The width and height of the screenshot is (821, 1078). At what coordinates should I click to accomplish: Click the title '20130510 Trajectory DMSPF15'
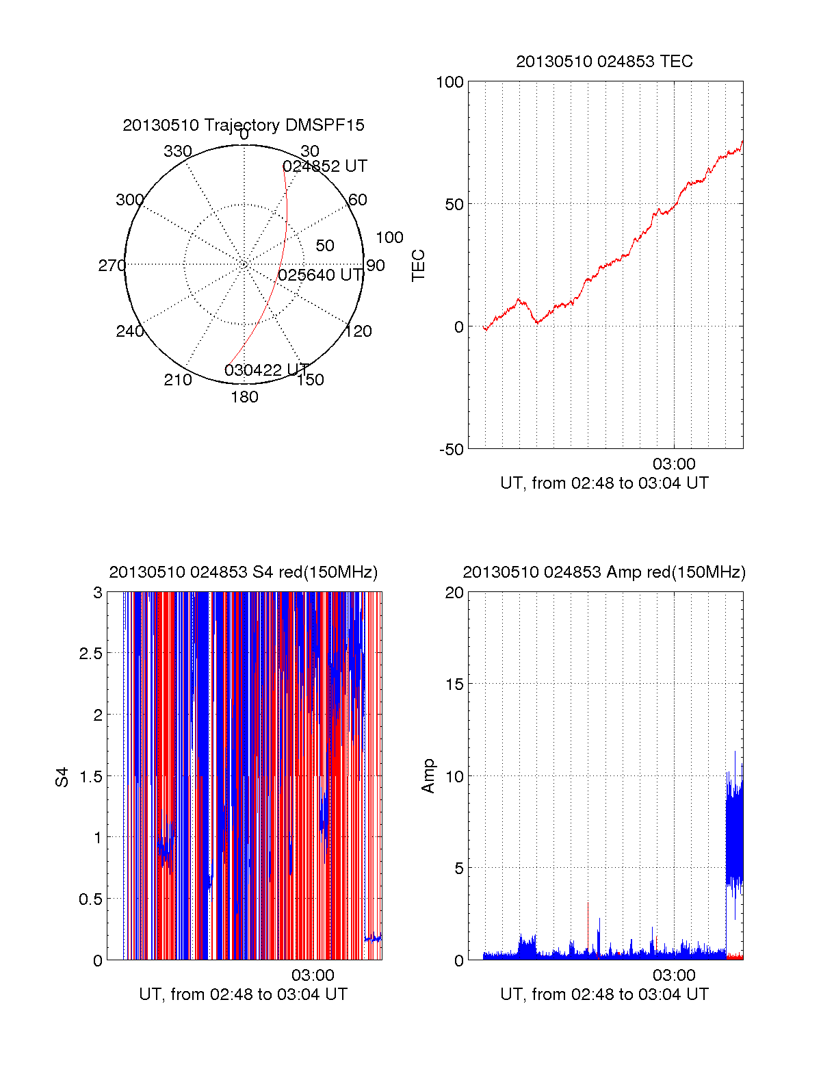pos(244,125)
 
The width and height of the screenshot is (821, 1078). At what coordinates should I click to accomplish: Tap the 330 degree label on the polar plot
pos(178,151)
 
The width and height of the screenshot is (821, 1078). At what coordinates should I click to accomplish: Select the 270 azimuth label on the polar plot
pos(112,266)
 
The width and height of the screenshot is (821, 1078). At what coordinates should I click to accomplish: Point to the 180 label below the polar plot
pos(244,397)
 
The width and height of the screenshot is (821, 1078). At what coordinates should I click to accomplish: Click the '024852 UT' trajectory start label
pos(325,166)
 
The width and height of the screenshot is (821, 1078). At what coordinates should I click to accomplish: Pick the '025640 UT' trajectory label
pos(320,275)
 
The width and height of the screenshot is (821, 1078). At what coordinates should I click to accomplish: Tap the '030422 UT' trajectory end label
pos(267,370)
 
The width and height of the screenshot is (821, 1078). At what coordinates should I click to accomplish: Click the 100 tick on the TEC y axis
pos(449,82)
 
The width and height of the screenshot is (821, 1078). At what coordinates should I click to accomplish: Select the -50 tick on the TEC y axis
pos(451,450)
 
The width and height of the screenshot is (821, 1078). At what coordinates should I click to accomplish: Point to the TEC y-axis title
pos(418,266)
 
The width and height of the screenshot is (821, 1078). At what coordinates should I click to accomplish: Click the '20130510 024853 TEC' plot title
pos(604,62)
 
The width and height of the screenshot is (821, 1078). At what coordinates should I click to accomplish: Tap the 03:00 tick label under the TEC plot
pos(674,464)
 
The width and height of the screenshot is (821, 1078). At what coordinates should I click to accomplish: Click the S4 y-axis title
pos(62,777)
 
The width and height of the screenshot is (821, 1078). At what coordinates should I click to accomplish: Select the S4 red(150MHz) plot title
pos(244,572)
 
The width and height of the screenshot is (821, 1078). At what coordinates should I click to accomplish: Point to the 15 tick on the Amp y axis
pos(454,684)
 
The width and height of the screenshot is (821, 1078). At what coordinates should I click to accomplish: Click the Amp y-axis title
pos(428,776)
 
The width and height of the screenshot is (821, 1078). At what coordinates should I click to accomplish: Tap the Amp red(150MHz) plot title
pos(604,572)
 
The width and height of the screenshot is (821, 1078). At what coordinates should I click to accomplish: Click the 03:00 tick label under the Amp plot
pos(674,975)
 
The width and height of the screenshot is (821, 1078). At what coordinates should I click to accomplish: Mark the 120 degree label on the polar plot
pos(359,331)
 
